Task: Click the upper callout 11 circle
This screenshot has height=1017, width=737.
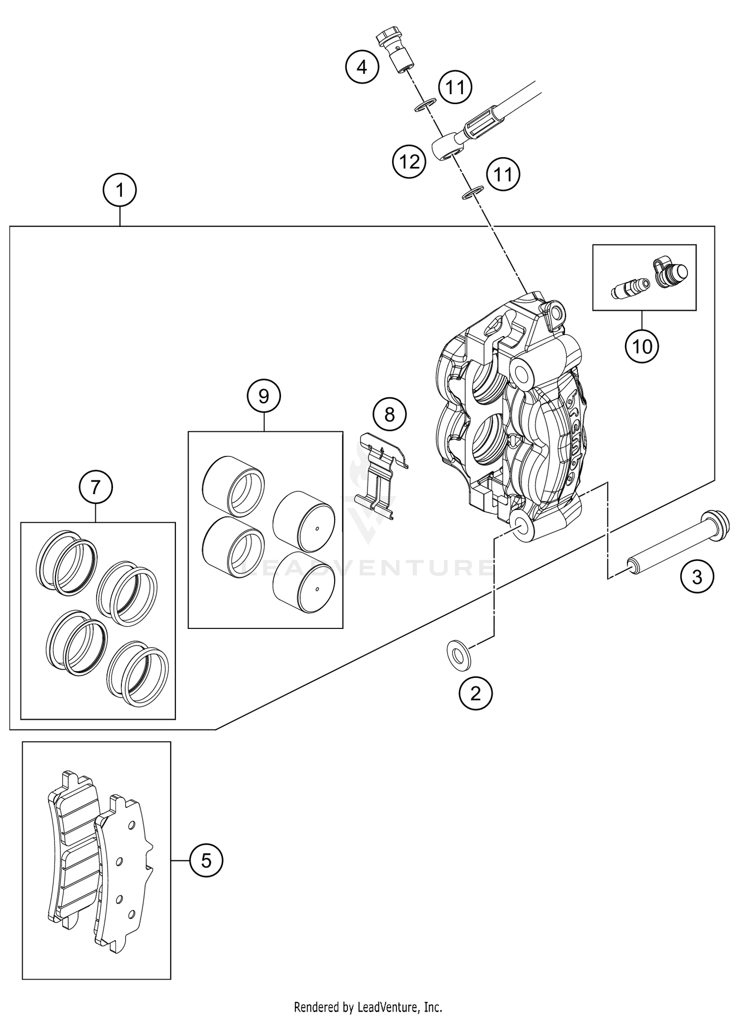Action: click(455, 87)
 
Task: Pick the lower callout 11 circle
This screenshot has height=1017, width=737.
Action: click(503, 174)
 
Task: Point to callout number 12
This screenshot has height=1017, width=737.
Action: click(409, 161)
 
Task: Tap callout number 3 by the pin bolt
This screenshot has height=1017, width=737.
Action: click(697, 577)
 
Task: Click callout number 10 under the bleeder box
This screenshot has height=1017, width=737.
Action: click(642, 347)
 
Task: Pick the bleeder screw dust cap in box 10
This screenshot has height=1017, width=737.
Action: click(672, 273)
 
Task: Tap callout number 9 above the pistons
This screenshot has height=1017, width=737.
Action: click(264, 395)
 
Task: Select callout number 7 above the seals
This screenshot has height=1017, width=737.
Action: click(96, 487)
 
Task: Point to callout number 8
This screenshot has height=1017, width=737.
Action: click(390, 415)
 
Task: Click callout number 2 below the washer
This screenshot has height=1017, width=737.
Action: click(475, 694)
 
